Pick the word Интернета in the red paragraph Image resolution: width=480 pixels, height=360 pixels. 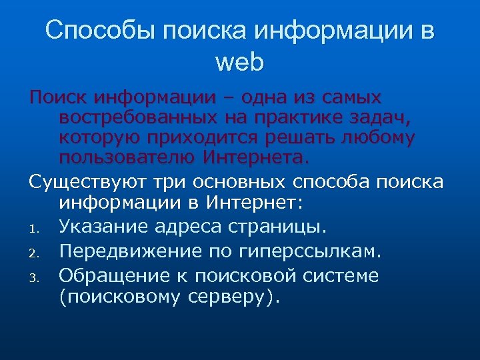(253, 159)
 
